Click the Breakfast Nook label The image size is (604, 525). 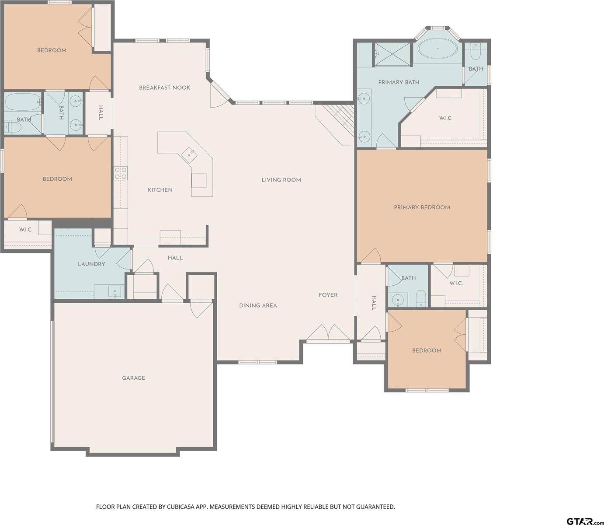pyautogui.click(x=164, y=87)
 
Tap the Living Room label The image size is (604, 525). pyautogui.click(x=281, y=180)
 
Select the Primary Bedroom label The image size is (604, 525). pyautogui.click(x=422, y=207)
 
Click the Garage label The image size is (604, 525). pyautogui.click(x=133, y=378)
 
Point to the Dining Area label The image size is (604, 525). pyautogui.click(x=258, y=305)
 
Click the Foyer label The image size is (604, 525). pyautogui.click(x=328, y=295)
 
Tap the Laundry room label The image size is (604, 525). pyautogui.click(x=91, y=264)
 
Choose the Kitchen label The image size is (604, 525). pyautogui.click(x=160, y=190)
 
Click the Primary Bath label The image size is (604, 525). pyautogui.click(x=399, y=82)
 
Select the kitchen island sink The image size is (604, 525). pyautogui.click(x=190, y=153)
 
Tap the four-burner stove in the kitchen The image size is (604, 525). pyautogui.click(x=121, y=173)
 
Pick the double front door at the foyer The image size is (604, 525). pyautogui.click(x=329, y=333)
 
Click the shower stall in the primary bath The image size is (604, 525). pyautogui.click(x=392, y=54)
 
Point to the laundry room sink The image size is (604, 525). pyautogui.click(x=115, y=291)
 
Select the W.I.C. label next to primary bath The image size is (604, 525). pyautogui.click(x=445, y=119)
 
